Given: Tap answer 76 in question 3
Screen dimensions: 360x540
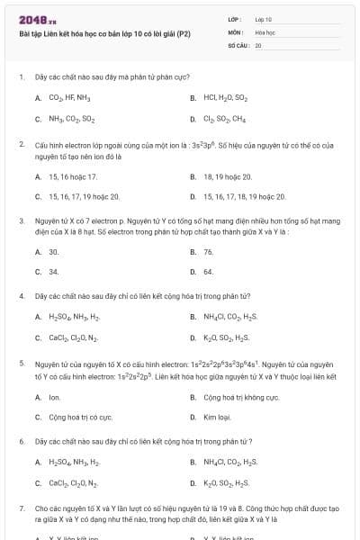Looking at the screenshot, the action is [209, 252].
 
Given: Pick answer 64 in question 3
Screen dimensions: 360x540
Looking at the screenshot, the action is [209, 271].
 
